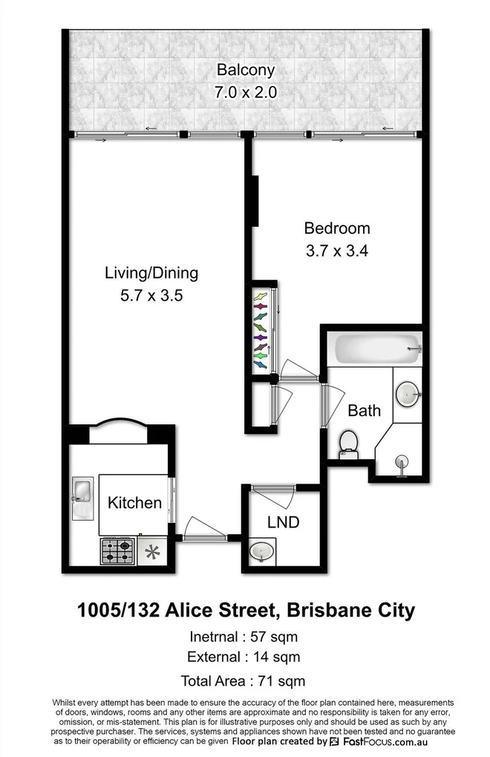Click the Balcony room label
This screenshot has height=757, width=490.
point(246,71)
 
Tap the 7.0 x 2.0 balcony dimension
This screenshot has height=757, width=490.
point(246,91)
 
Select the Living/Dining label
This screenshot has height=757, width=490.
point(151,273)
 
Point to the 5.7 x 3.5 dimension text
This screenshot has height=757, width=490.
point(151,296)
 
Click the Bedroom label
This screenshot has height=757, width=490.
point(337,228)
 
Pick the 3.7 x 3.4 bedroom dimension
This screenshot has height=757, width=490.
point(337,251)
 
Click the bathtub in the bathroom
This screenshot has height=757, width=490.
point(378,348)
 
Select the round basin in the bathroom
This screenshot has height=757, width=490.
point(408,394)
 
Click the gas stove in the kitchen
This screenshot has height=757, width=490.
point(117,551)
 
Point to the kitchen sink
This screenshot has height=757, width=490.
point(82,498)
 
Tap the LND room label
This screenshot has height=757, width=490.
point(284,522)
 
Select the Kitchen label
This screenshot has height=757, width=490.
point(134,503)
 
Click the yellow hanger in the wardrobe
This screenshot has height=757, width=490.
point(261,296)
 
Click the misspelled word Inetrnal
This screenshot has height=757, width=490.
point(214,637)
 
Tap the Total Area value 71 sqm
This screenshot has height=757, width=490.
point(281,681)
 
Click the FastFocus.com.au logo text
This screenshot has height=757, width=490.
point(385,741)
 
